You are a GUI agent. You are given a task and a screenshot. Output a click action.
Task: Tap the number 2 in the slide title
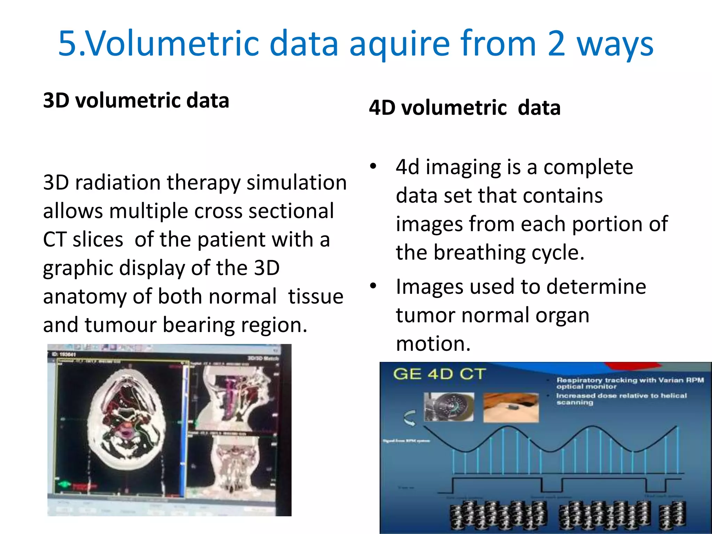[556, 44]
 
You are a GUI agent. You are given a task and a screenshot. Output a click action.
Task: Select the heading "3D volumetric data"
[136, 100]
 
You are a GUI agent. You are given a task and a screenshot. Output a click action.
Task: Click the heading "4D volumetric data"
[465, 108]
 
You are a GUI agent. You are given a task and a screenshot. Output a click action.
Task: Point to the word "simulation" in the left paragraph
[297, 183]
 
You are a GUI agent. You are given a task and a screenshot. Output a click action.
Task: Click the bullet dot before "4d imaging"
[373, 166]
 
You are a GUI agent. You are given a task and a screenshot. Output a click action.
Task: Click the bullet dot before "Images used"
[373, 286]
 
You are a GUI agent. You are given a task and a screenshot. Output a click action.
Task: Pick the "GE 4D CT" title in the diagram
[439, 374]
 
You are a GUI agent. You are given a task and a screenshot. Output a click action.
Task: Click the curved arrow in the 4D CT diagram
[410, 418]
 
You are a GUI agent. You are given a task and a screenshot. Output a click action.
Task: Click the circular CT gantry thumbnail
[449, 407]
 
